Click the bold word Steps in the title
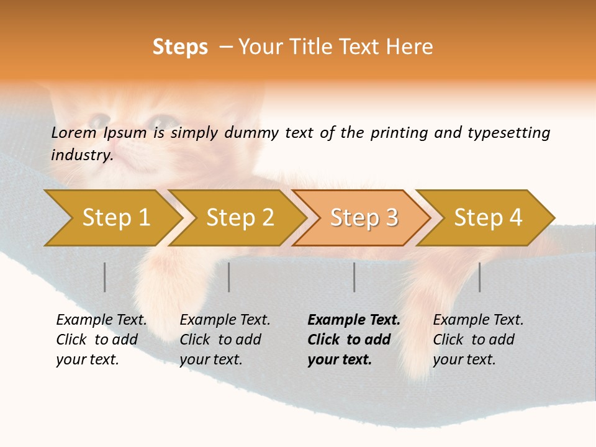pyautogui.click(x=180, y=47)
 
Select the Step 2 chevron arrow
pyautogui.click(x=239, y=218)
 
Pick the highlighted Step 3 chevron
pyautogui.click(x=363, y=218)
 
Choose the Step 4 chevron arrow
pyautogui.click(x=487, y=218)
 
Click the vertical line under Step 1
pyautogui.click(x=105, y=277)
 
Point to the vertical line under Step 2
pyautogui.click(x=229, y=277)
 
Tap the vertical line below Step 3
pyautogui.click(x=354, y=277)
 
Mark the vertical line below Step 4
pyautogui.click(x=479, y=277)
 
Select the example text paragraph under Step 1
pyautogui.click(x=101, y=339)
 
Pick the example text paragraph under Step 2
pyautogui.click(x=225, y=339)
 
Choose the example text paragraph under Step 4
pyautogui.click(x=478, y=339)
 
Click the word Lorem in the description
pyautogui.click(x=73, y=132)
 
